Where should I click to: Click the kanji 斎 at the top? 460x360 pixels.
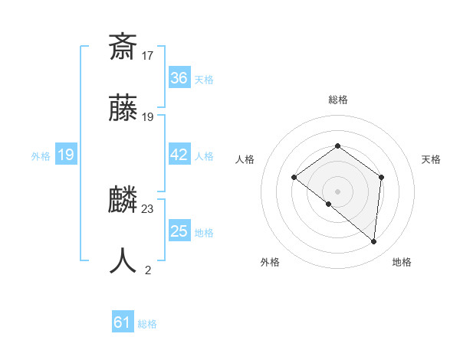[123, 48]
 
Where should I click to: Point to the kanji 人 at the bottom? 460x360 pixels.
[123, 261]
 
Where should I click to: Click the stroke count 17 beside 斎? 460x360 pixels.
[148, 55]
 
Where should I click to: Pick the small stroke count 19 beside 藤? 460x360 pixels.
[148, 117]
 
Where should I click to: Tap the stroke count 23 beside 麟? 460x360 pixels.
[148, 208]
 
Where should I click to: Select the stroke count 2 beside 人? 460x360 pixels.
[148, 270]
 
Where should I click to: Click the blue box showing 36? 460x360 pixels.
[179, 78]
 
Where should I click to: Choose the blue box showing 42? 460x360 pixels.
[179, 155]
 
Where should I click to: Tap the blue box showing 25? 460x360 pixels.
[179, 231]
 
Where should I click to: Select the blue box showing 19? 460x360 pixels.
[66, 155]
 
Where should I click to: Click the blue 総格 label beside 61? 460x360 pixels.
[147, 324]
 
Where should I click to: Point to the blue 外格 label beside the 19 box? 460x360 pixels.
[41, 156]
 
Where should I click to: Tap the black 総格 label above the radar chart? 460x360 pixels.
[337, 100]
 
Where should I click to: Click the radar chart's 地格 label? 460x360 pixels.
[402, 262]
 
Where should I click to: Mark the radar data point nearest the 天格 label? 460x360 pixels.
[381, 177]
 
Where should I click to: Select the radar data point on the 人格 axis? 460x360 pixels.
[294, 178]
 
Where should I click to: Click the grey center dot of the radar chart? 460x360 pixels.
[337, 191]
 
